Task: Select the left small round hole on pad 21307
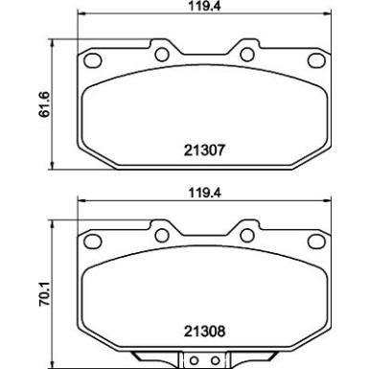161,55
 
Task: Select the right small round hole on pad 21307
246,55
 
